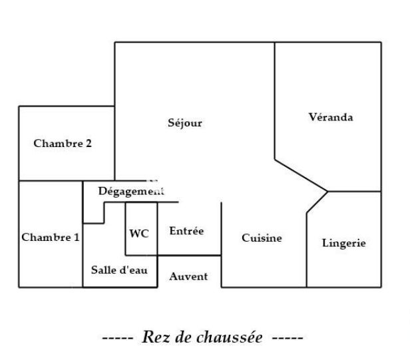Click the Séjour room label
pyautogui.click(x=185, y=123)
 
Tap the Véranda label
pyautogui.click(x=331, y=118)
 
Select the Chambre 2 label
pyautogui.click(x=63, y=143)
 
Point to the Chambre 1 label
pyautogui.click(x=51, y=237)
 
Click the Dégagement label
pyautogui.click(x=131, y=191)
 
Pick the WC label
pyautogui.click(x=138, y=234)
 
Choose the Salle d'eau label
pyautogui.click(x=119, y=270)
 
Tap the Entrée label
pyautogui.click(x=186, y=231)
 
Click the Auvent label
pyautogui.click(x=188, y=276)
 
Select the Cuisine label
pyautogui.click(x=262, y=238)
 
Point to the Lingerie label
pyautogui.click(x=343, y=243)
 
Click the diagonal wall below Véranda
pyautogui.click(x=301, y=176)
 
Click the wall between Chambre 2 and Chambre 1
pyautogui.click(x=51, y=181)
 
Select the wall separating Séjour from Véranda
pyautogui.click(x=275, y=100)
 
